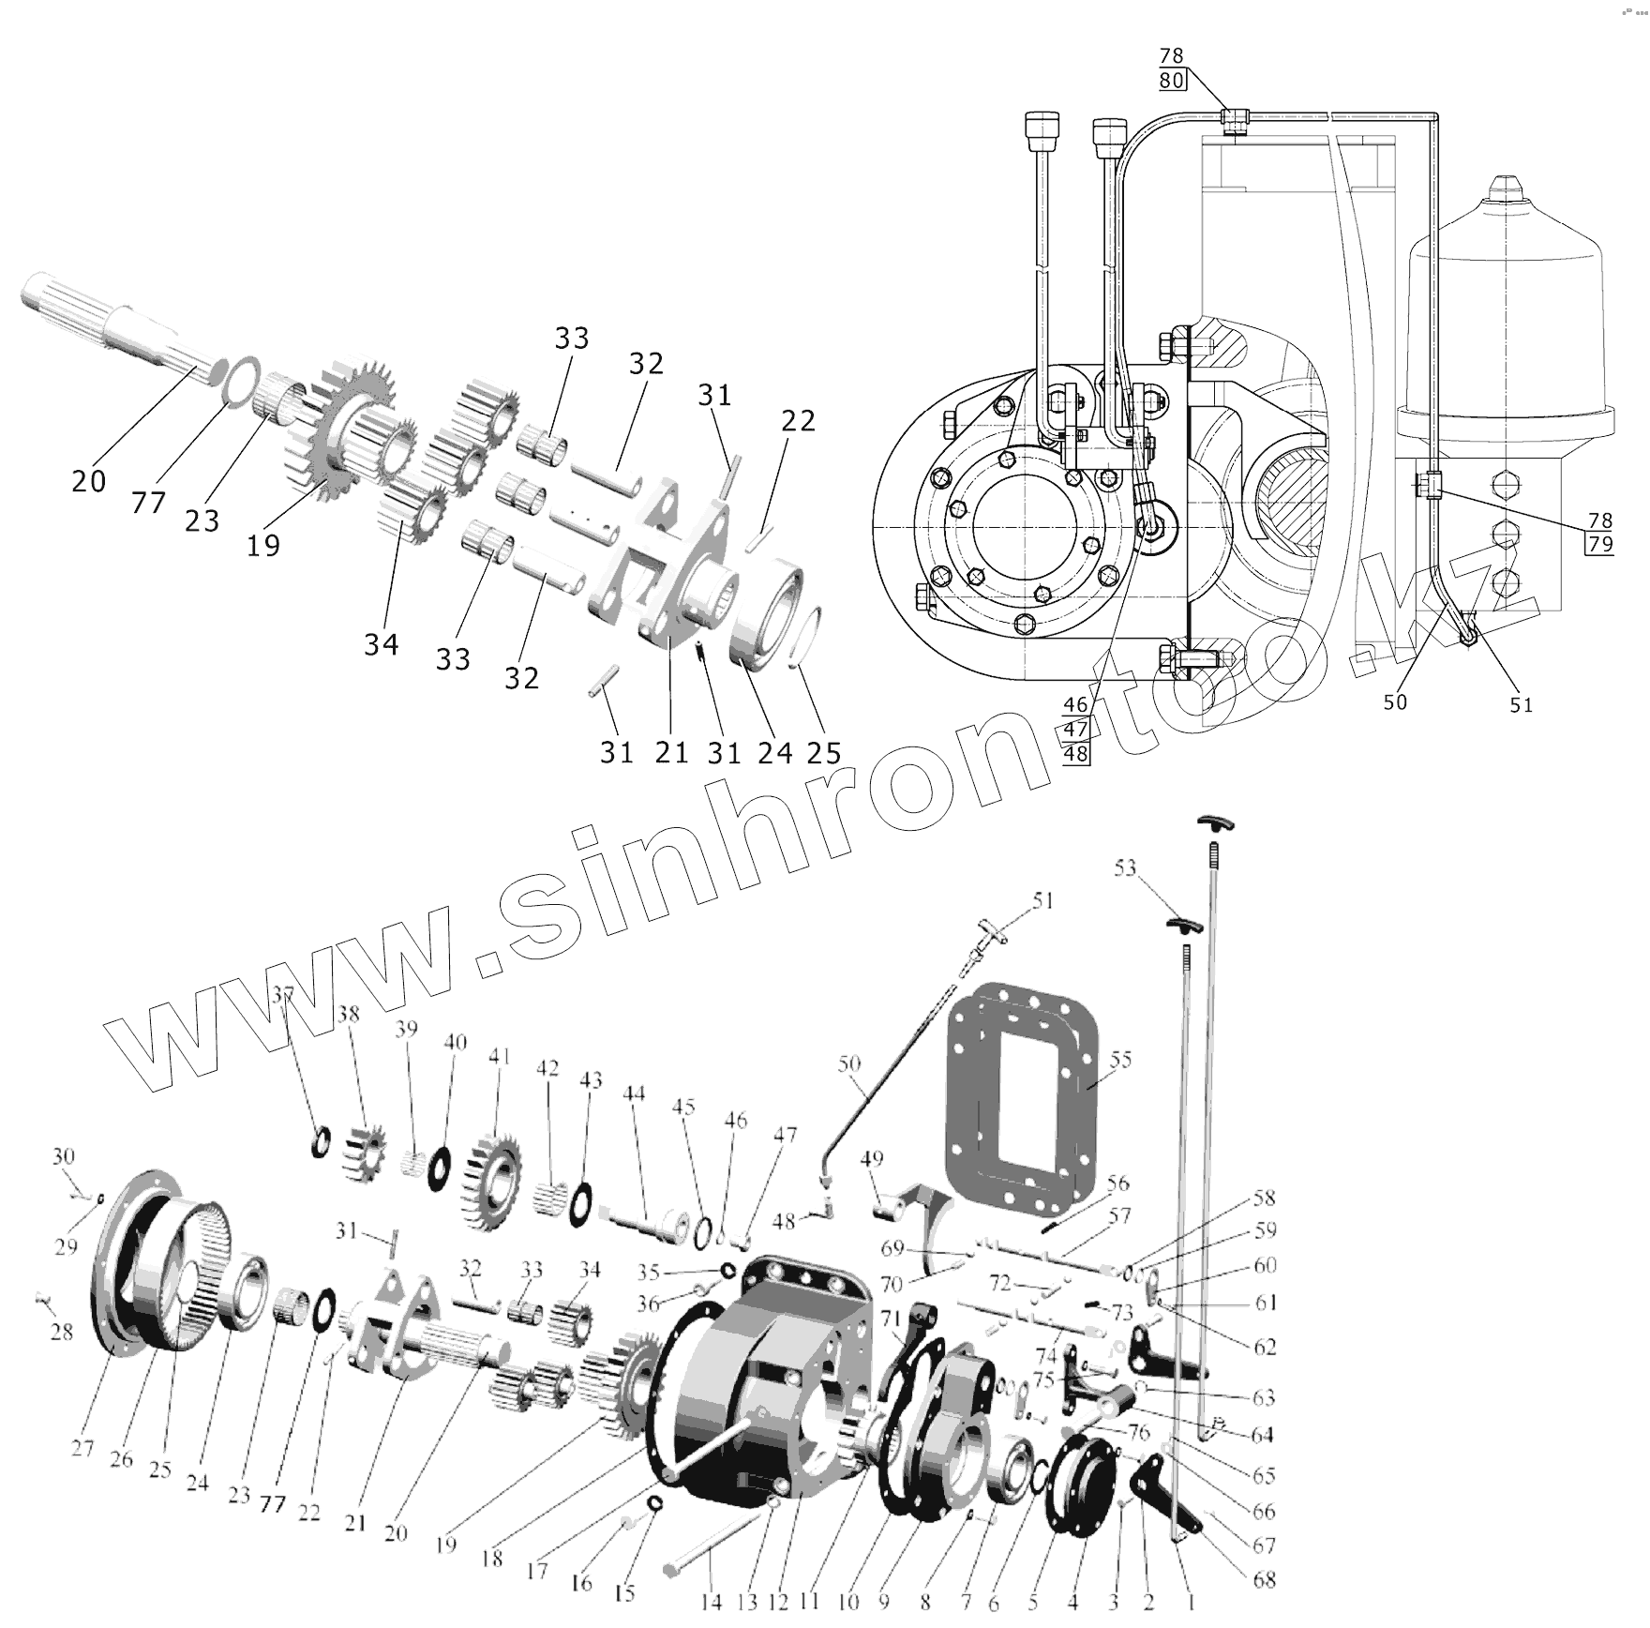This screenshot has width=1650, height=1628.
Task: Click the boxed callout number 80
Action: pyautogui.click(x=1172, y=81)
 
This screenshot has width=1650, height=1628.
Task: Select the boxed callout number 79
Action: pyautogui.click(x=1600, y=543)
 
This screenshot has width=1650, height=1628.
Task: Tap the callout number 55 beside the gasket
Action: pyautogui.click(x=1120, y=1060)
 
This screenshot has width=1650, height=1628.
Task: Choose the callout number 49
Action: pyautogui.click(x=871, y=1160)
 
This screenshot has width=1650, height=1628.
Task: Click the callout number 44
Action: pyautogui.click(x=635, y=1093)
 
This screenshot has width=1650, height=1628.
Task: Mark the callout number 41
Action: pyautogui.click(x=499, y=1057)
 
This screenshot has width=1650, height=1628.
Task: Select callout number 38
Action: pyautogui.click(x=349, y=1014)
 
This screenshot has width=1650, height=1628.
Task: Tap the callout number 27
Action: pyautogui.click(x=82, y=1449)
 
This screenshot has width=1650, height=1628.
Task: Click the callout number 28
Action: pyautogui.click(x=61, y=1332)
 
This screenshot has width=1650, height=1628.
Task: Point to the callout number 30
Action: pyautogui.click(x=63, y=1156)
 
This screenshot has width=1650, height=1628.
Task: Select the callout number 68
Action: pyautogui.click(x=1265, y=1580)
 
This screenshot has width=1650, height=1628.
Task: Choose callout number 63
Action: pyautogui.click(x=1264, y=1399)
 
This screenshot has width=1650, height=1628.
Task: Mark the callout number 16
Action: pyautogui.click(x=581, y=1583)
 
